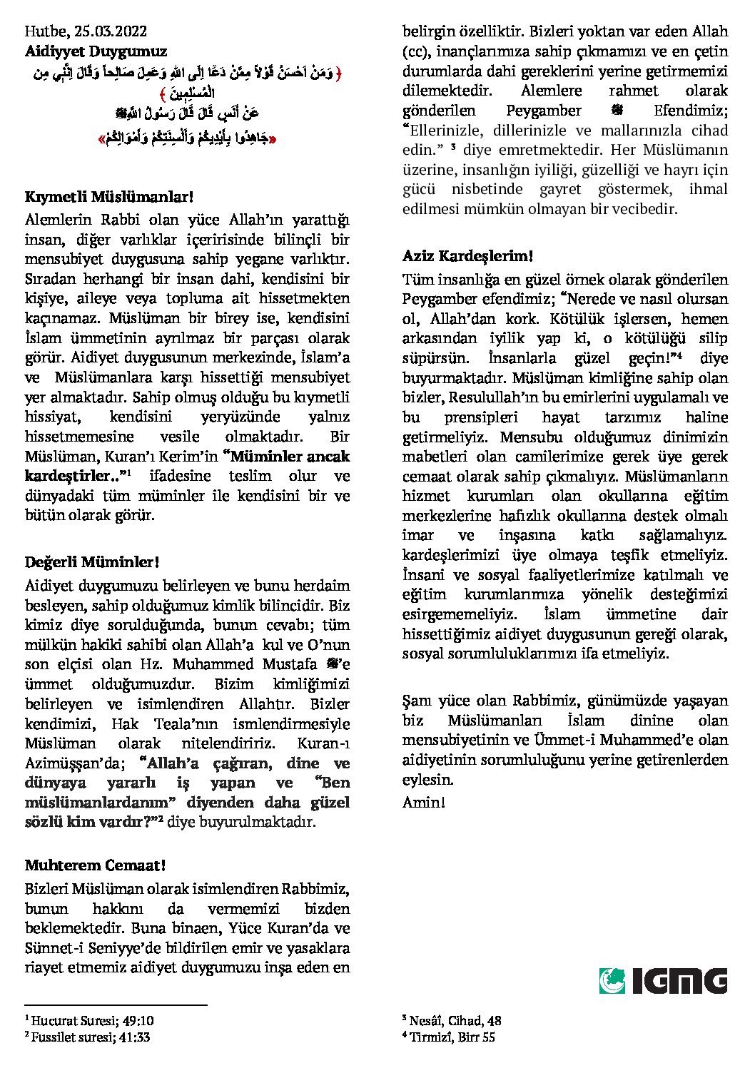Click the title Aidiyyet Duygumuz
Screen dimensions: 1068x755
click(96, 51)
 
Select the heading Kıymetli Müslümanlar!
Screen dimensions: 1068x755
click(109, 197)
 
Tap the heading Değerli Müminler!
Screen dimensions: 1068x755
click(91, 562)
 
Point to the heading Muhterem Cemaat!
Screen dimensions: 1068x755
click(95, 865)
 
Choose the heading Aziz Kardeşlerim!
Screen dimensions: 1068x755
click(467, 255)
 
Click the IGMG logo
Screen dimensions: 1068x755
click(663, 981)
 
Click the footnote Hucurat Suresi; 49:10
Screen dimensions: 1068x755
click(92, 1021)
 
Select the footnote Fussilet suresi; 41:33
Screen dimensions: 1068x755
click(90, 1037)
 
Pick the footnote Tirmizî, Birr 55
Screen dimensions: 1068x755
click(452, 1037)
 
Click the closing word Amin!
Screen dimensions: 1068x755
click(424, 802)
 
